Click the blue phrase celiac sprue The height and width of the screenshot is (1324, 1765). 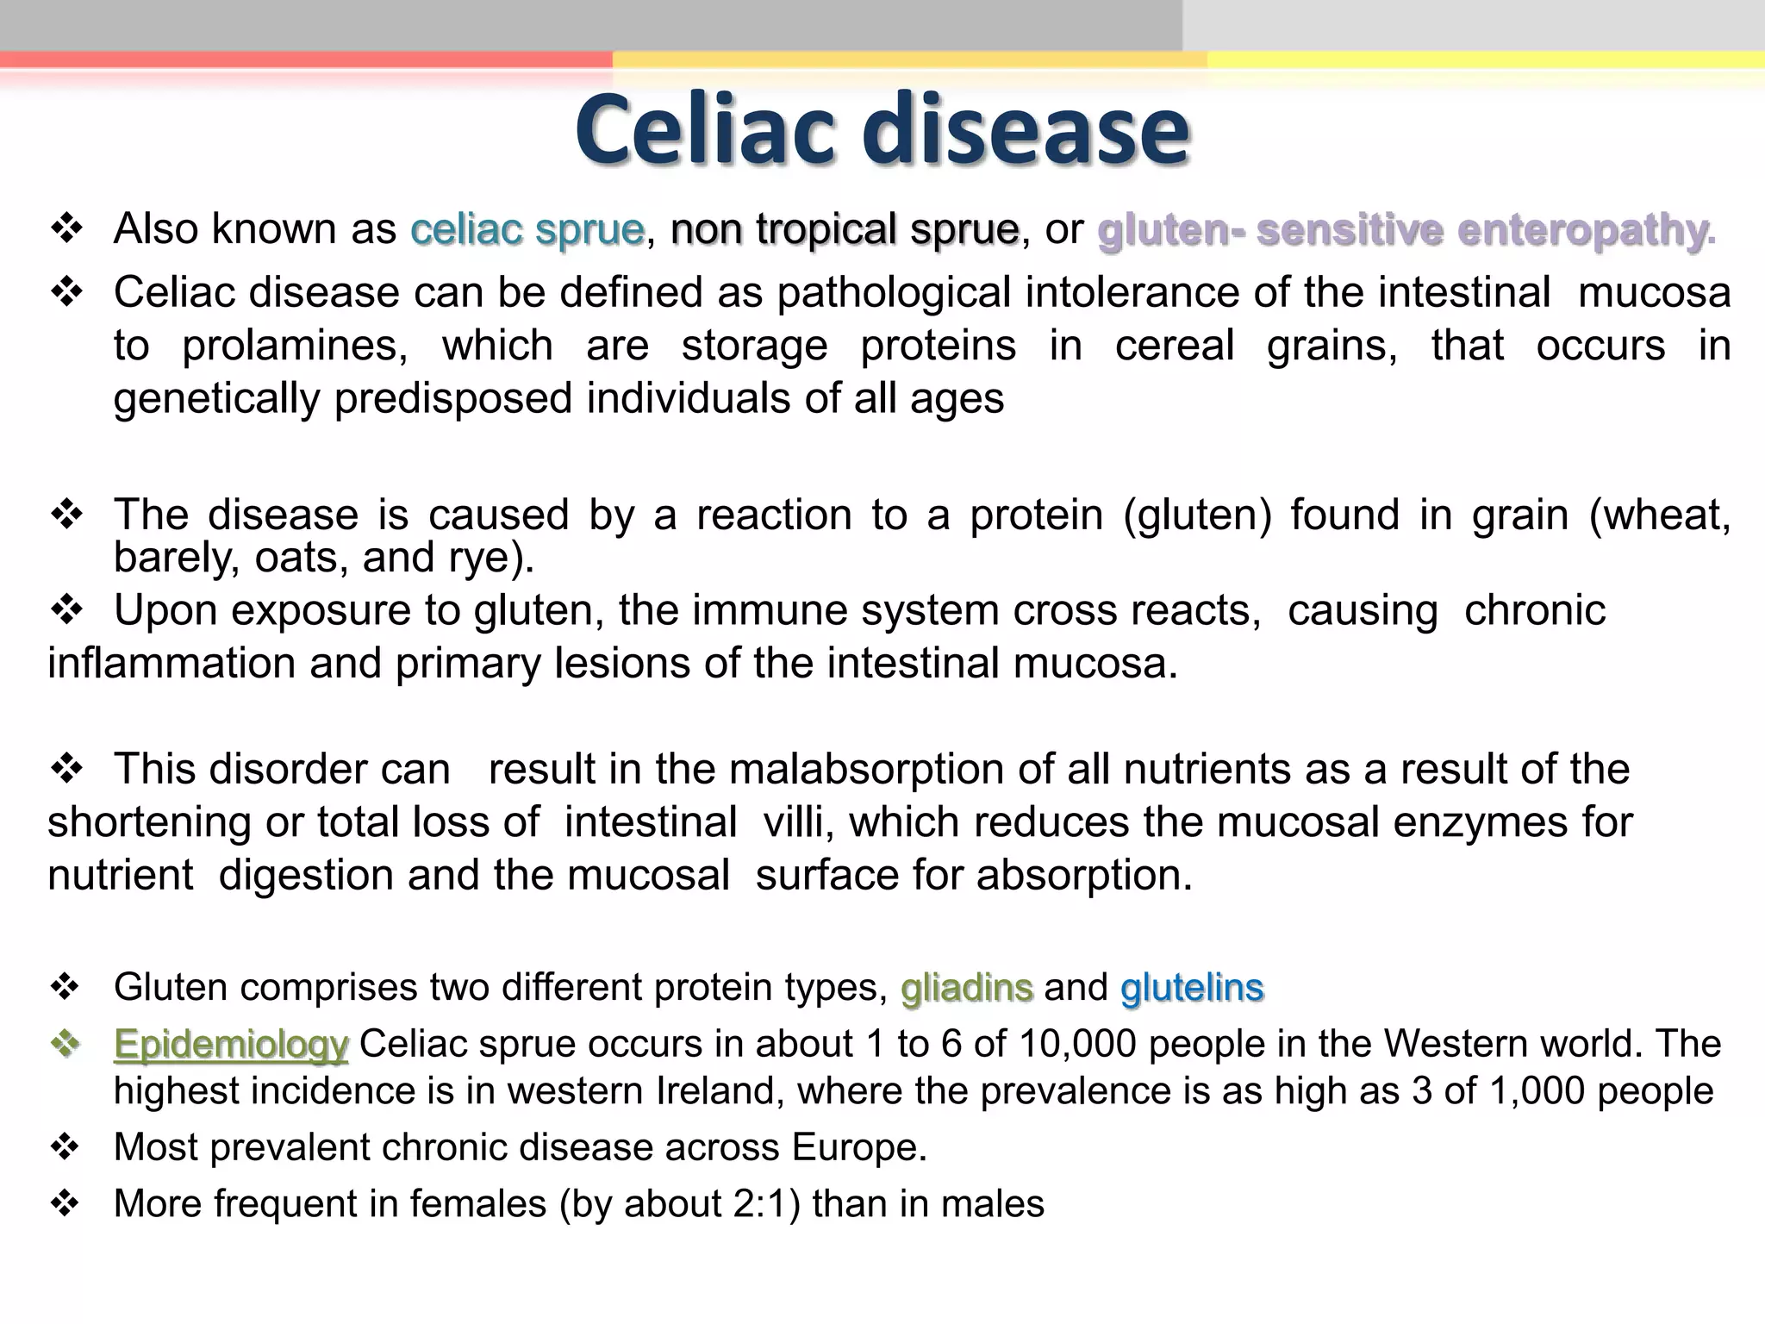(x=527, y=229)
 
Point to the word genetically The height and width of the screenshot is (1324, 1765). (x=215, y=399)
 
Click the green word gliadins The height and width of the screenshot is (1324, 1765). (x=966, y=987)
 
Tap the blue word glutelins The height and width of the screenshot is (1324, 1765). (x=1191, y=987)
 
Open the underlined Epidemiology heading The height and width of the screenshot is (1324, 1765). (x=231, y=1044)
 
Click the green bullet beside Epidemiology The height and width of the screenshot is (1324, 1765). (x=65, y=1044)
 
